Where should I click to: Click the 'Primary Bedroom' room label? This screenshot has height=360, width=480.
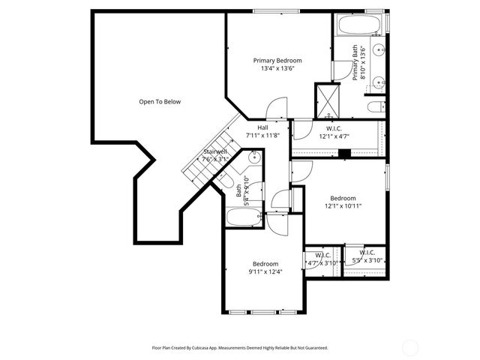click(277, 60)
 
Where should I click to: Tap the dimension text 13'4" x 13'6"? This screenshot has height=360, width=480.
click(277, 68)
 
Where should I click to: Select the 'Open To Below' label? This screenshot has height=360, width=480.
click(160, 101)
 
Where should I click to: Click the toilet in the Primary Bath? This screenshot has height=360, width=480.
click(376, 106)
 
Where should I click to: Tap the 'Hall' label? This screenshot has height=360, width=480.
click(262, 127)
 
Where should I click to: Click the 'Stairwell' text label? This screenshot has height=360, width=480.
click(215, 151)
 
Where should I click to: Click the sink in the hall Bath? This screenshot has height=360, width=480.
click(254, 157)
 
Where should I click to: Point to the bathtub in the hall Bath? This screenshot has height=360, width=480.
click(244, 218)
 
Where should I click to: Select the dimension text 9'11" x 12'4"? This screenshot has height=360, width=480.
click(265, 271)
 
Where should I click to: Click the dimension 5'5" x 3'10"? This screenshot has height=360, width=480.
click(367, 261)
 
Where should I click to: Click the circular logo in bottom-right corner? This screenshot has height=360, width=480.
click(410, 346)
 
